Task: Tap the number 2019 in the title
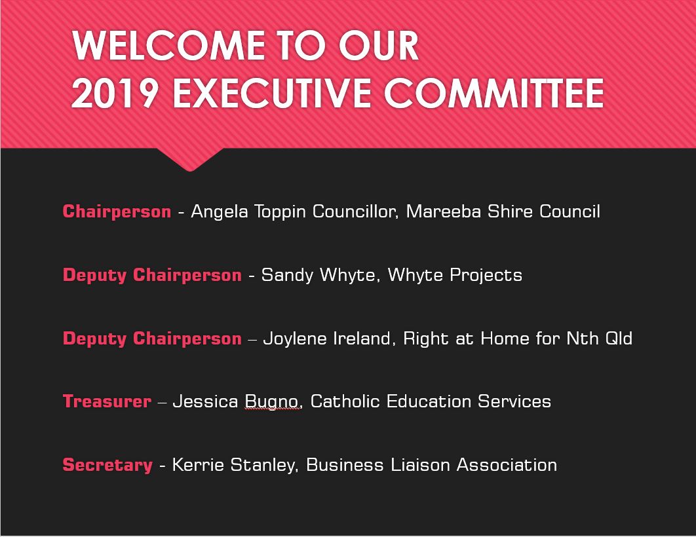coord(115,93)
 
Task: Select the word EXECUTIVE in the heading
coord(271,93)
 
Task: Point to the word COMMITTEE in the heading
coord(493,93)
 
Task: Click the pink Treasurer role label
coord(107,401)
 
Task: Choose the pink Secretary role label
coord(107,465)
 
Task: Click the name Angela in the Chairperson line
coord(220,212)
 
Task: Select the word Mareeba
coord(444,212)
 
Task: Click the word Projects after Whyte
coord(486,275)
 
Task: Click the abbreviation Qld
coord(618,339)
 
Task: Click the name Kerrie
coord(198,465)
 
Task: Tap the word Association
coord(507,465)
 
